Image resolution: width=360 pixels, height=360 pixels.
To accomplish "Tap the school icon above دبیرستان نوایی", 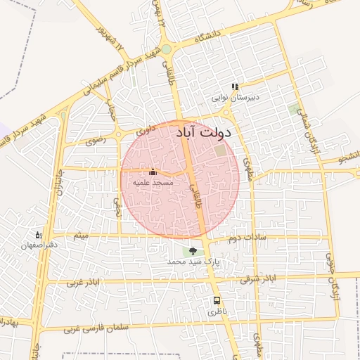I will [235, 87].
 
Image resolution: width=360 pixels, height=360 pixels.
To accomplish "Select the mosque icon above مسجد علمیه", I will [153, 172].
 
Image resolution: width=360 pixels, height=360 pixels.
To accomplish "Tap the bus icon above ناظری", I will [216, 301].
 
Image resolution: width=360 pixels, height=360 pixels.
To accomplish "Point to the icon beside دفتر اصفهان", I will [39, 235].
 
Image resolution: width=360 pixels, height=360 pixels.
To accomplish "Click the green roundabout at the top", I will [166, 49].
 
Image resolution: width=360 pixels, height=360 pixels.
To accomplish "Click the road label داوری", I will [146, 129].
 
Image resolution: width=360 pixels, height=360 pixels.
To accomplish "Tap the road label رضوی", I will [95, 140].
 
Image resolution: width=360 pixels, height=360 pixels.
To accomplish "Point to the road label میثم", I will [82, 235].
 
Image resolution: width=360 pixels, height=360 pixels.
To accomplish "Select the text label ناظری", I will [216, 311].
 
